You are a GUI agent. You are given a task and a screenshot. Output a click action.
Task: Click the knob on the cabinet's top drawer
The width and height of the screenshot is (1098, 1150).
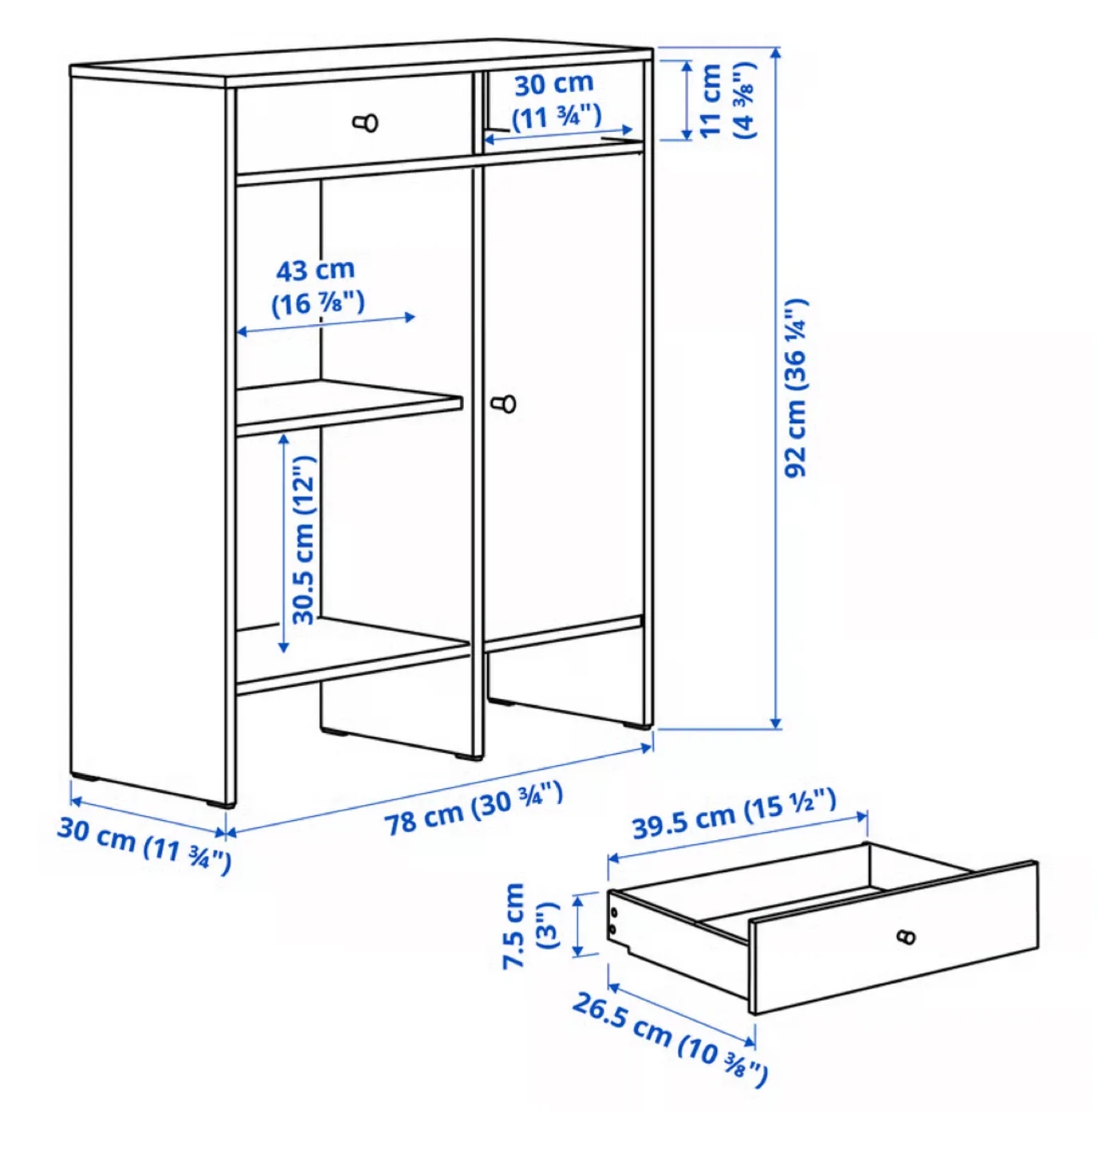367,123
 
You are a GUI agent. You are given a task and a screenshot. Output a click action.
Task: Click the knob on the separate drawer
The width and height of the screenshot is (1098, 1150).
906,937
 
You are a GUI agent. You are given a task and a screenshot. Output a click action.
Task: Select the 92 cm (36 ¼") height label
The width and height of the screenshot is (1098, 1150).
796,389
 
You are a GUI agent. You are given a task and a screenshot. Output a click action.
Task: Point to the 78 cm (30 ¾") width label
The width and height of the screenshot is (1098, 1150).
474,808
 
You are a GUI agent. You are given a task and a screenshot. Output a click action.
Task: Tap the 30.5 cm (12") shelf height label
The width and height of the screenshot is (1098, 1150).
303,540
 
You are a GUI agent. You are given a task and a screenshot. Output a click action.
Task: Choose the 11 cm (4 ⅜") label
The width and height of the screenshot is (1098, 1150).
726,101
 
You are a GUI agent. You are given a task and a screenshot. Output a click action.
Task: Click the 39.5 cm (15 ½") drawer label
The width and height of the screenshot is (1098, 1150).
734,814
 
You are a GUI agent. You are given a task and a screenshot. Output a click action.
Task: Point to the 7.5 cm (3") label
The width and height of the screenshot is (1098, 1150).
530,926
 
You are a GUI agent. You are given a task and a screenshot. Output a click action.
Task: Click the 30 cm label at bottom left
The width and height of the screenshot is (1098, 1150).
144,843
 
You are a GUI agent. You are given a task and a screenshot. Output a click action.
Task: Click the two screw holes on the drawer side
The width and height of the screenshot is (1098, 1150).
613,920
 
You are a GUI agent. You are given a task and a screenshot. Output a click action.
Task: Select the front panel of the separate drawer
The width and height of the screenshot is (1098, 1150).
893,938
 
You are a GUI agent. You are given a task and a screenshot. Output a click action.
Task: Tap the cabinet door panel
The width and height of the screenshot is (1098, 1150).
563,383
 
